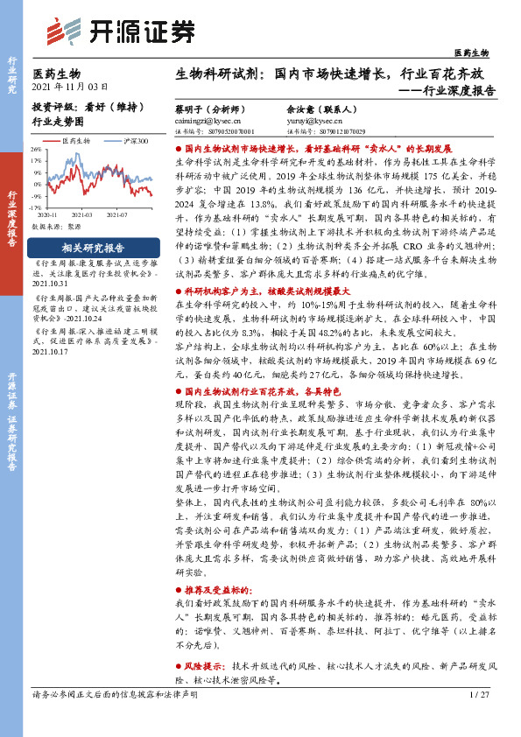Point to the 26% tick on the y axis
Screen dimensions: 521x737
[37, 150]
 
